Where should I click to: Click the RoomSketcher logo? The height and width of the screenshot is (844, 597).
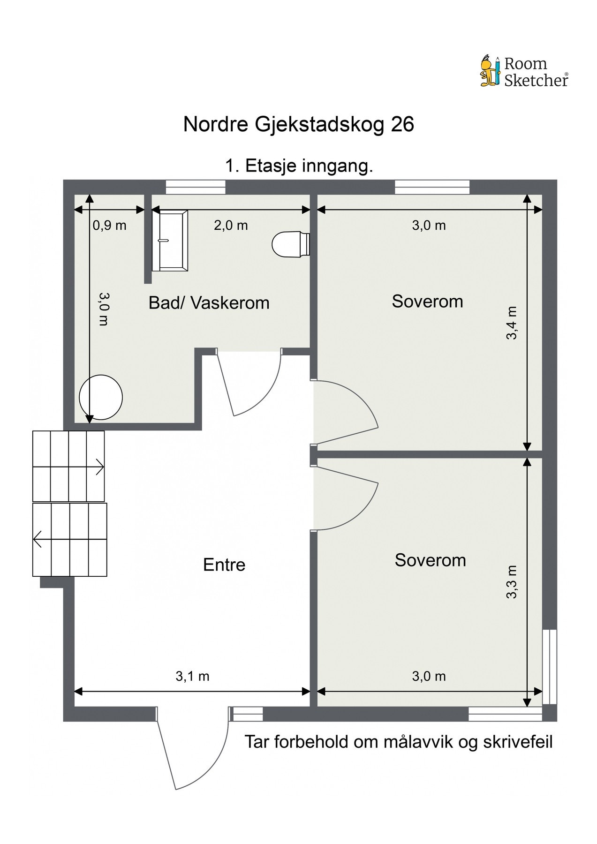point(524,72)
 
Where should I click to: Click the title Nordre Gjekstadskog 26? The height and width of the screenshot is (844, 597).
point(298,125)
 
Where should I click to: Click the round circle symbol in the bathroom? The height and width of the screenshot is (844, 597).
point(101,397)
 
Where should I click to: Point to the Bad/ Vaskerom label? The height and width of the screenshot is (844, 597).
point(209,303)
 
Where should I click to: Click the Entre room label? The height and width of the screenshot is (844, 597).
point(224,565)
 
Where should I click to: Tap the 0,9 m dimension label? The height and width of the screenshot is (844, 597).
point(109,226)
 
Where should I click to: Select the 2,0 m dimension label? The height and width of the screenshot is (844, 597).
point(231,226)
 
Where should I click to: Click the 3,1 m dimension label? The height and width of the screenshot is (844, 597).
point(192,676)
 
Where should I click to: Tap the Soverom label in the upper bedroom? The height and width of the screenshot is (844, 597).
point(427,301)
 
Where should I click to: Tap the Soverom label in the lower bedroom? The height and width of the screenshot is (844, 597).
point(430,560)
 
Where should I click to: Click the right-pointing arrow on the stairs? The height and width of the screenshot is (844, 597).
point(99,467)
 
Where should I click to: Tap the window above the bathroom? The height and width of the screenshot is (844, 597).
point(196,187)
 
